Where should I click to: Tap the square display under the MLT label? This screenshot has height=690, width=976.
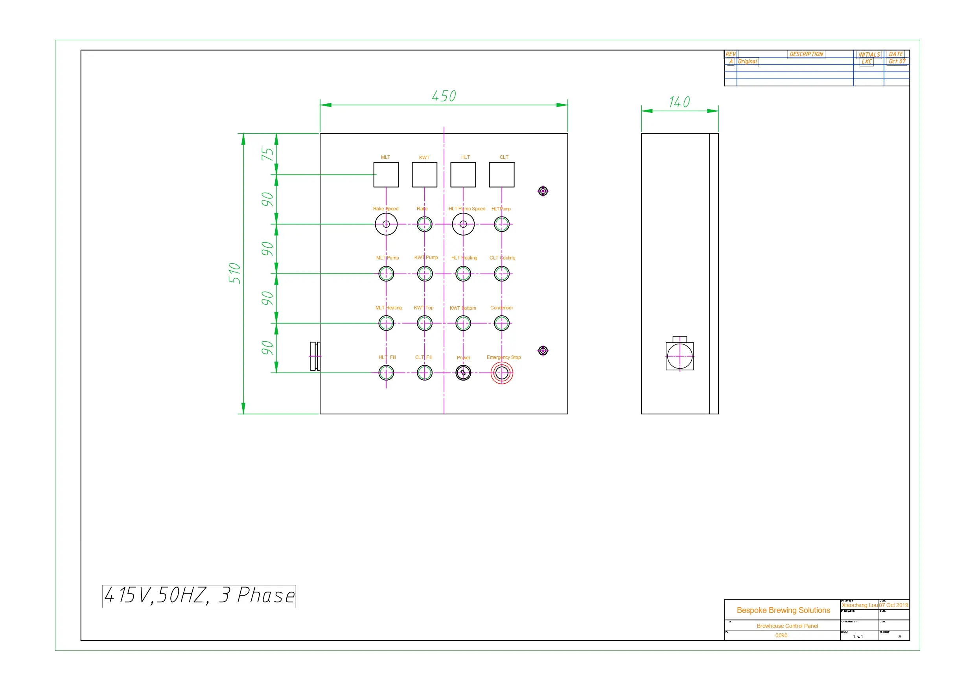point(386,174)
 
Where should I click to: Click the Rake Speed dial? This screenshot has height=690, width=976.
point(386,224)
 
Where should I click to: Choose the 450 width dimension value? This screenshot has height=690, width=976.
point(444,96)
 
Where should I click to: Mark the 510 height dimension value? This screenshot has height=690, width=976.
point(234,273)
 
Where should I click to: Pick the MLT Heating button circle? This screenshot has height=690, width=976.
point(386,323)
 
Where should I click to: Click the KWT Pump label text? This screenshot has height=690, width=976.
point(426,257)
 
